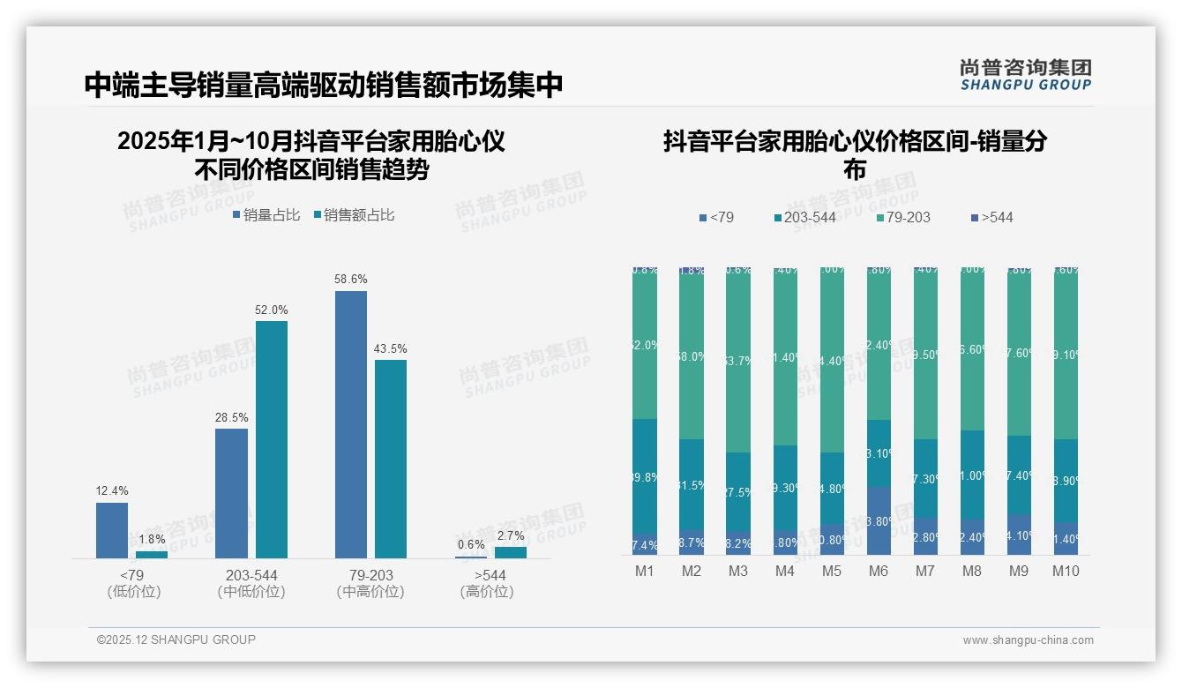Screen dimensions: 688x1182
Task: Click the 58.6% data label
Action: [x=350, y=279]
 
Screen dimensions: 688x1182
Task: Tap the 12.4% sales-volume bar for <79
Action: [x=112, y=530]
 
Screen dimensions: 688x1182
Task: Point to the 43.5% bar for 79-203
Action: [x=390, y=459]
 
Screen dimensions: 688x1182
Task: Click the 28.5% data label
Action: [x=231, y=417]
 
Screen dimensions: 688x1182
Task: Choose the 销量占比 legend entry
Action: [x=266, y=215]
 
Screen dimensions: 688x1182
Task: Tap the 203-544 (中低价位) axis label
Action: [x=251, y=584]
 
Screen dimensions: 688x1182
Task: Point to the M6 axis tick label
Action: [x=878, y=571]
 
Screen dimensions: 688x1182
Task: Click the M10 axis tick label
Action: [x=1066, y=571]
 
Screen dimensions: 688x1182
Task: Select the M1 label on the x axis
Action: [x=645, y=571]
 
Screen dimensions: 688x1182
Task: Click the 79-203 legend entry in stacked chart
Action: [x=902, y=217]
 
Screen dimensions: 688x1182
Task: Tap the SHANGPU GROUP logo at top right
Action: [x=1025, y=75]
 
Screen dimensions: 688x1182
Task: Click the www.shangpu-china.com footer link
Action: [x=1028, y=640]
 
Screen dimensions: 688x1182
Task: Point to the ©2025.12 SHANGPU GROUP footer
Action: [x=176, y=639]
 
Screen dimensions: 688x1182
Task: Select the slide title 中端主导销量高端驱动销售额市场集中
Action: [x=323, y=86]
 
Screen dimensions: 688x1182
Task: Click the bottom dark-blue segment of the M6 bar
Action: [x=879, y=520]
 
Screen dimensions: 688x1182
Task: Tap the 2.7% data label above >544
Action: [x=510, y=535]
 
